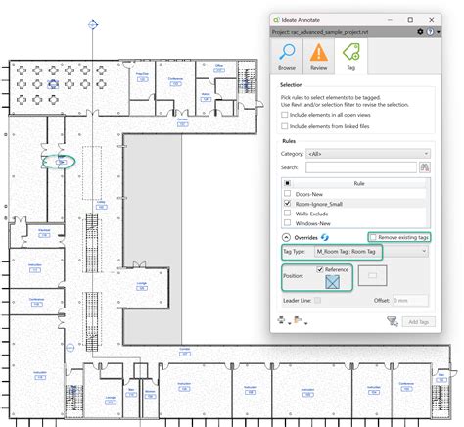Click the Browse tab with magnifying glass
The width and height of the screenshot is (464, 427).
tap(288, 60)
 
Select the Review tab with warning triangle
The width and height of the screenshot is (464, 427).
tap(319, 60)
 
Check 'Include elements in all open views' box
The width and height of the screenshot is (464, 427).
tap(284, 115)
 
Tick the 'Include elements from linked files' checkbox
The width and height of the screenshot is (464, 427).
tap(284, 126)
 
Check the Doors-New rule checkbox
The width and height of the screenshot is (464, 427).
tap(286, 194)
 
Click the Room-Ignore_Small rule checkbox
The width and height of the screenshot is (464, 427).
tap(286, 204)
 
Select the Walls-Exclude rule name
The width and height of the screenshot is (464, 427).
tap(313, 213)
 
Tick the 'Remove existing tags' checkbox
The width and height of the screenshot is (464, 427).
tap(373, 237)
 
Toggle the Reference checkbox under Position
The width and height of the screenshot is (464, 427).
tap(320, 269)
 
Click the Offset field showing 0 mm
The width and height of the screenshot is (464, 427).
tap(408, 300)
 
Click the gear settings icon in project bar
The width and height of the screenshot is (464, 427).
tap(420, 31)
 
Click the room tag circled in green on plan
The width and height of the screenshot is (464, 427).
tap(61, 161)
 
